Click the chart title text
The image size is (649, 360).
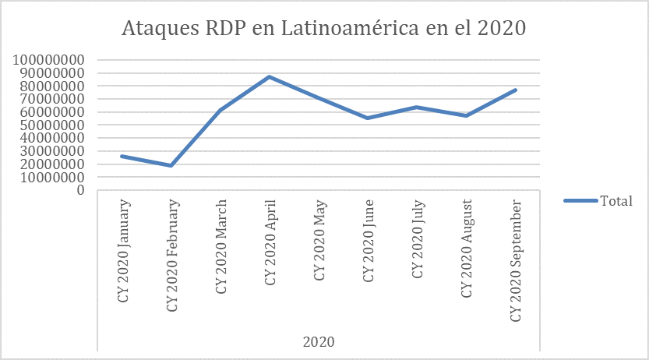click(324, 28)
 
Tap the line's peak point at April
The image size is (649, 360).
click(270, 76)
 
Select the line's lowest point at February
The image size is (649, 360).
click(171, 165)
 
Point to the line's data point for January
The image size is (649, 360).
click(122, 156)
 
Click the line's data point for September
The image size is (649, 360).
click(515, 90)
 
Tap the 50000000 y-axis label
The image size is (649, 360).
click(52, 125)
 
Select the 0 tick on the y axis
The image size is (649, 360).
click(82, 191)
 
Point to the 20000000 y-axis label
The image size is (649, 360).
click(52, 164)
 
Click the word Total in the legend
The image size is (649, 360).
click(615, 201)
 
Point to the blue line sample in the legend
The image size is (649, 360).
click(580, 201)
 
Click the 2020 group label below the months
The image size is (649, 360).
click(319, 341)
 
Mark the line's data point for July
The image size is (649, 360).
click(417, 107)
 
